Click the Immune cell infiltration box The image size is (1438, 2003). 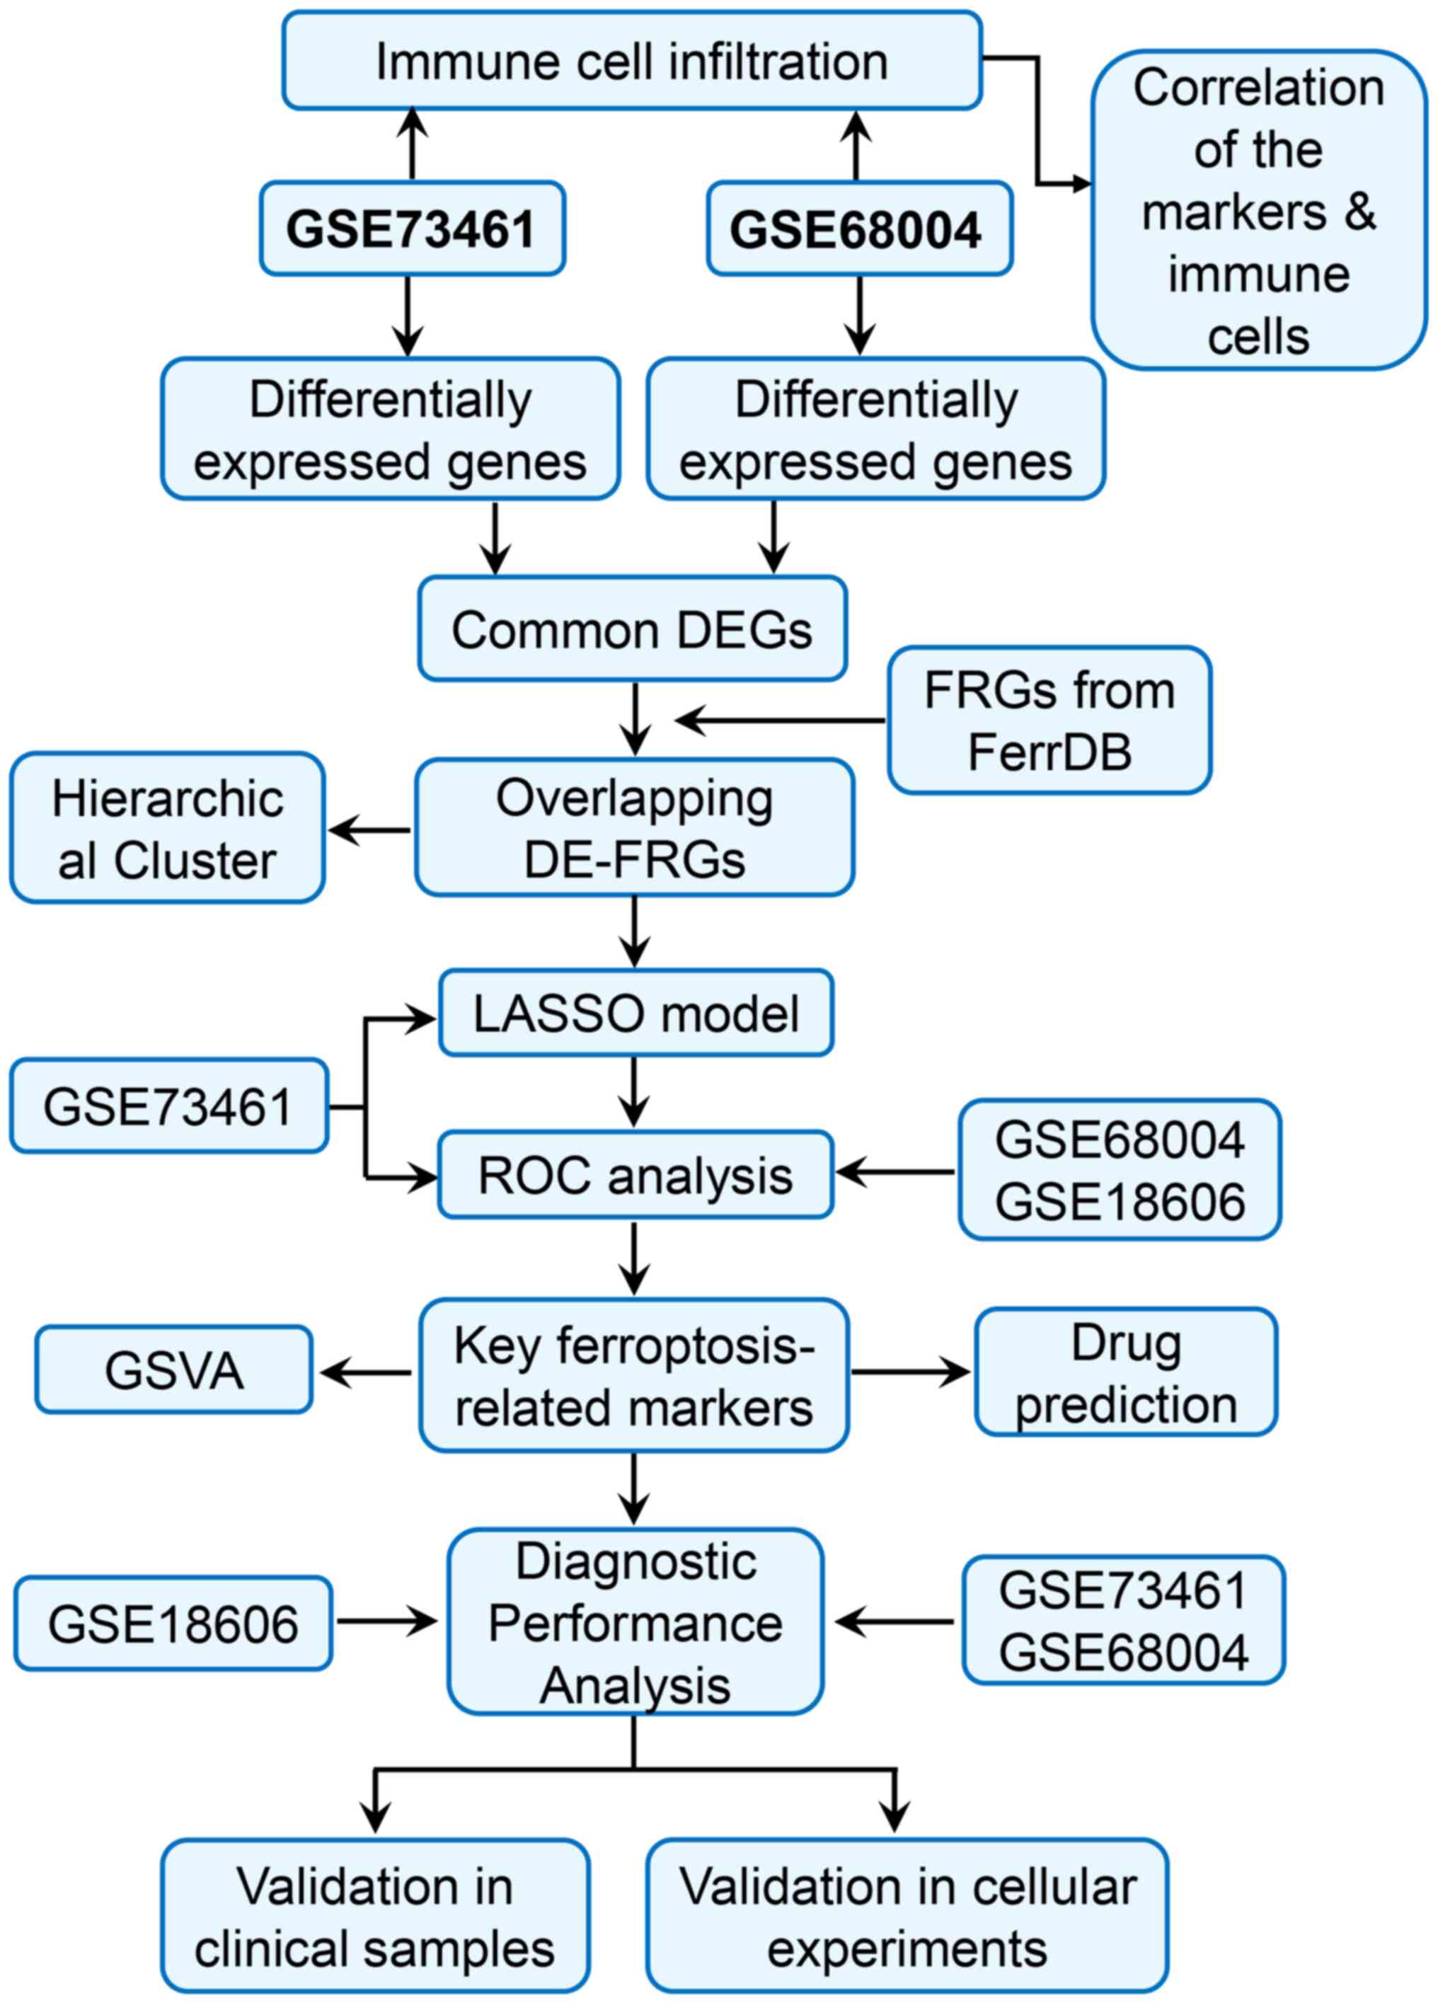coord(631,61)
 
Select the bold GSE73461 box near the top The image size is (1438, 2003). coord(412,229)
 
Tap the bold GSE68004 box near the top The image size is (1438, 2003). coord(858,229)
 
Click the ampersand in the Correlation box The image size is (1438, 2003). coord(1360,212)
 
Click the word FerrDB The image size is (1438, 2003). coord(1049,752)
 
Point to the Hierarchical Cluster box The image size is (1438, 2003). coord(167,828)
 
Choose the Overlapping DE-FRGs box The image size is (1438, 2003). coord(634,827)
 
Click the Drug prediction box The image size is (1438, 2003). coord(1125,1372)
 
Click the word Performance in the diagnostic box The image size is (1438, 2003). coord(635,1623)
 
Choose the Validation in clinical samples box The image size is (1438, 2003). coord(374,1917)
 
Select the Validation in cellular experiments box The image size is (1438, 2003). coord(907,1917)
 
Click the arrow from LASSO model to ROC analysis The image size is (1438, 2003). coord(634,1093)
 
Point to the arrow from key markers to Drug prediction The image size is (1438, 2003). coord(910,1372)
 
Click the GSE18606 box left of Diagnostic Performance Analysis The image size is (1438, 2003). coord(173,1623)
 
